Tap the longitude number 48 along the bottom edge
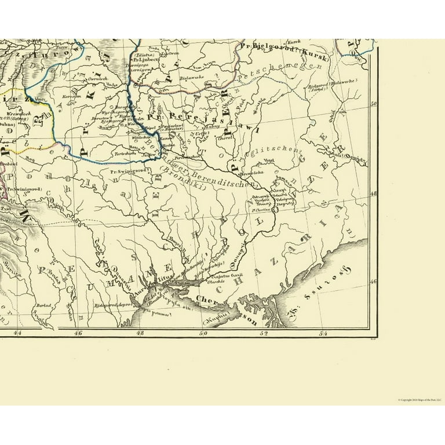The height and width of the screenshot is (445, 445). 140,333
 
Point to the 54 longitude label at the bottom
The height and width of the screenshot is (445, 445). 323,333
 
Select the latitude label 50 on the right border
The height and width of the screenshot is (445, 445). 374,104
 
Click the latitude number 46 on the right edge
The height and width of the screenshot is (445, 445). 374,282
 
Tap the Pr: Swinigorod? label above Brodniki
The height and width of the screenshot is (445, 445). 129,171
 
